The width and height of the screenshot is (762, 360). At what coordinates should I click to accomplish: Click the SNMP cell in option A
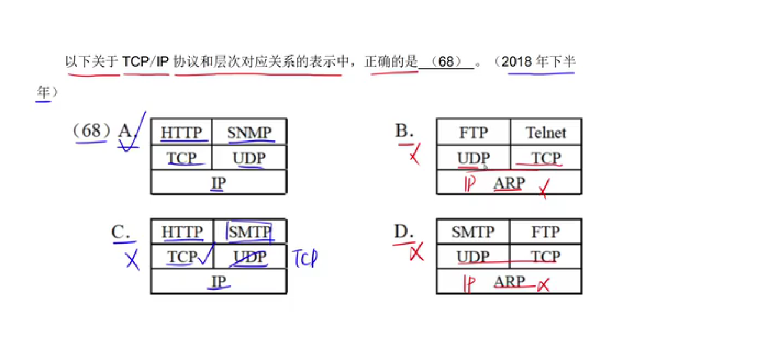click(x=249, y=132)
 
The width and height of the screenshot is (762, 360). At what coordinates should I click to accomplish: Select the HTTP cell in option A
click(x=182, y=132)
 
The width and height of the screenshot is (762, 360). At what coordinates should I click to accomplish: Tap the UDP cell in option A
click(x=249, y=158)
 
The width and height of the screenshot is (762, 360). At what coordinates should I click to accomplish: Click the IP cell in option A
click(x=219, y=183)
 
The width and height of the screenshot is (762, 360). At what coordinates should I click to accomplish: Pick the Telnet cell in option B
click(x=546, y=132)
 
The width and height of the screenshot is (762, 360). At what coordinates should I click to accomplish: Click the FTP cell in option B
click(x=473, y=132)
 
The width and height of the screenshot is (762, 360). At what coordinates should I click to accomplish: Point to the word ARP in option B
click(x=509, y=183)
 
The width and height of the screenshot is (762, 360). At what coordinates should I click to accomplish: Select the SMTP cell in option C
click(x=250, y=232)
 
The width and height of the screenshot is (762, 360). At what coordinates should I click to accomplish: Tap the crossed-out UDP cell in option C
click(x=250, y=257)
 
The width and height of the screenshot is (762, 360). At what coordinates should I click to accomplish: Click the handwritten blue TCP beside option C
click(x=305, y=258)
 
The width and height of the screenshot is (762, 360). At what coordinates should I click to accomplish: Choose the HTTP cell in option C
click(x=182, y=232)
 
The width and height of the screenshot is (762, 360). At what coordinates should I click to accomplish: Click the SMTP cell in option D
click(x=473, y=232)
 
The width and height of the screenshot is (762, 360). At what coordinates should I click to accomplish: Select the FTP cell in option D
click(x=546, y=232)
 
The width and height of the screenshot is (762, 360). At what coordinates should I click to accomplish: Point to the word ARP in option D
click(x=509, y=281)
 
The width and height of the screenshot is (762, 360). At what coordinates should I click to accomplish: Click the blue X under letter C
click(x=133, y=260)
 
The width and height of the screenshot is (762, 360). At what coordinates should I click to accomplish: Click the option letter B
click(x=404, y=131)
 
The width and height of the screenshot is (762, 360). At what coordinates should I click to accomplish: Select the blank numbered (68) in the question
click(x=446, y=62)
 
